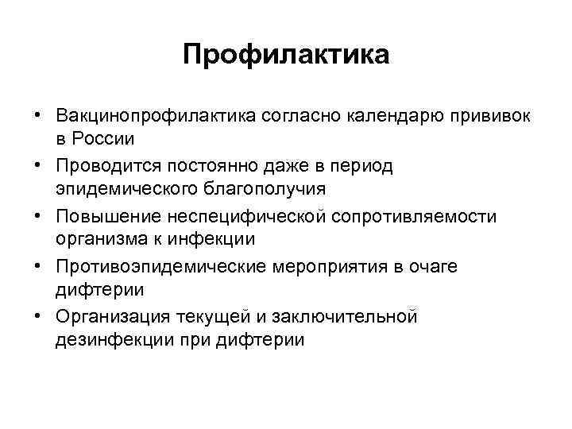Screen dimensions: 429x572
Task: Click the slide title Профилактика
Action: pos(286,55)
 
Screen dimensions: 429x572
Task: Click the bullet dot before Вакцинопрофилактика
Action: pos(37,116)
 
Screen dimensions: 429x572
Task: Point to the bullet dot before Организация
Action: pos(37,316)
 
